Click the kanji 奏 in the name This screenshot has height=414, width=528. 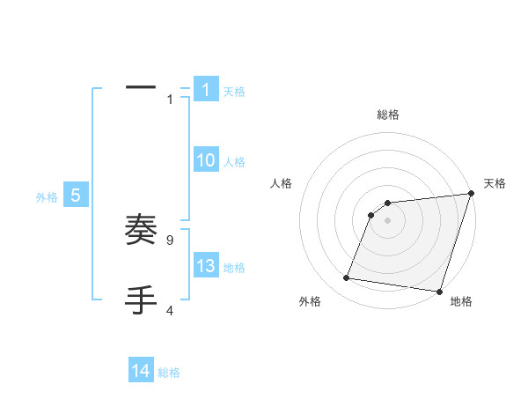pos(141,232)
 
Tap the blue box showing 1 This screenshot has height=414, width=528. pos(205,90)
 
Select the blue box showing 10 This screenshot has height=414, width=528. pos(205,160)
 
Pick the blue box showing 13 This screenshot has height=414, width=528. pos(205,266)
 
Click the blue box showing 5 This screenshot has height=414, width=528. pos(76,196)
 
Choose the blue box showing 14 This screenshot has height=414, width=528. pos(141,371)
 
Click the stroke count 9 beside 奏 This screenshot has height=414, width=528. pos(169,240)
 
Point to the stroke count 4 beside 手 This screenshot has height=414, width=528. pos(169,310)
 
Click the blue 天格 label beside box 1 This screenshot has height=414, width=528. pos(234,91)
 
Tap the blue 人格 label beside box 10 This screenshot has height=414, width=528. pos(234,162)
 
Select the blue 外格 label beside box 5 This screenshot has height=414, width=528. pos(47,197)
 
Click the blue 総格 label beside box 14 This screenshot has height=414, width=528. pos(169,373)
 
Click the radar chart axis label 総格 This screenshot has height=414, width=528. pos(387,115)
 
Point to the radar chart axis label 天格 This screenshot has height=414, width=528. pos(495,183)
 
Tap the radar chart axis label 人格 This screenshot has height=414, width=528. pos(281,183)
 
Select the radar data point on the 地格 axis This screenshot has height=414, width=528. pos(438,291)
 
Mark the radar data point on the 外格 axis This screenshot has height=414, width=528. pos(347,278)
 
